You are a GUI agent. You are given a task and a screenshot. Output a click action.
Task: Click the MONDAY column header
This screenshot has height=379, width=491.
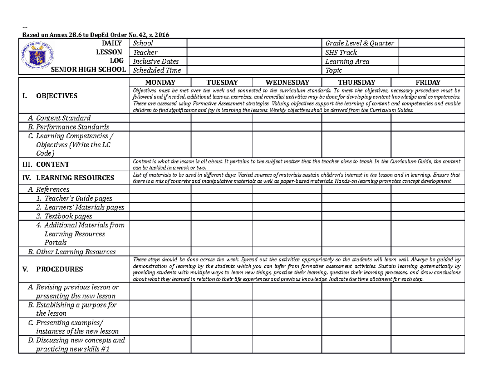tap(160, 82)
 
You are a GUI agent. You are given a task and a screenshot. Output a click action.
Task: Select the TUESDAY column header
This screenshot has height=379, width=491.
tap(221, 82)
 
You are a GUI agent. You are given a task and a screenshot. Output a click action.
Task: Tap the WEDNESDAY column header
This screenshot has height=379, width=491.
tap(287, 82)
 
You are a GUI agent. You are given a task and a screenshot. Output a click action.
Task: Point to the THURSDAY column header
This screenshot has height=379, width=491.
tap(356, 82)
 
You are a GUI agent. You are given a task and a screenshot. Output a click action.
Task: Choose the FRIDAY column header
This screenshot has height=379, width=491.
tap(428, 82)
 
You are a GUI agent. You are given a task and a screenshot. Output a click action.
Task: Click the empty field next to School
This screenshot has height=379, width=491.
tap(254, 43)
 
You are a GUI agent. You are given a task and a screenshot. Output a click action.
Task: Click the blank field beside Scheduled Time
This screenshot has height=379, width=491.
tap(254, 70)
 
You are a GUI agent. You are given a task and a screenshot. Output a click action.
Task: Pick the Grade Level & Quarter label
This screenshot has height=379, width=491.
tap(359, 43)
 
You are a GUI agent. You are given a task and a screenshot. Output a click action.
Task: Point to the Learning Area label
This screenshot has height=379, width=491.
tap(347, 61)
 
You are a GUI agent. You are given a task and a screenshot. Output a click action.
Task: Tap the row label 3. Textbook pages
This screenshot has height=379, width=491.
tap(63, 216)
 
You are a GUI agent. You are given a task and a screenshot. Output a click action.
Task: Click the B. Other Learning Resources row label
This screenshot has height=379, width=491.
tap(72, 252)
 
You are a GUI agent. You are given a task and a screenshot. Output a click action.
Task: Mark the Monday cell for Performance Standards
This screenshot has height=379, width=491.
tap(160, 127)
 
